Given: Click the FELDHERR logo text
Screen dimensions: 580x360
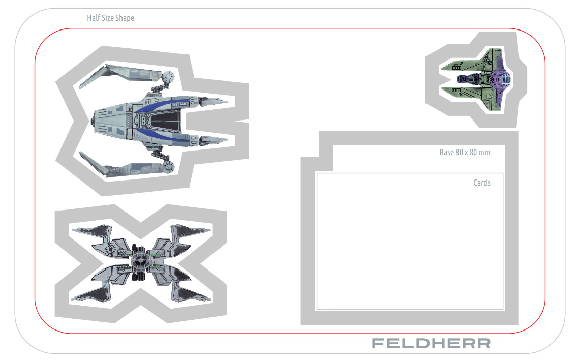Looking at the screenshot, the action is point(431,343).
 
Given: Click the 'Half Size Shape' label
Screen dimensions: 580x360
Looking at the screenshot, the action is point(111,18).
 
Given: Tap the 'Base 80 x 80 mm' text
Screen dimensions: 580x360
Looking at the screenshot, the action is point(465,152).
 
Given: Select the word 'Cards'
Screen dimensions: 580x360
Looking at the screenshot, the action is point(481,183).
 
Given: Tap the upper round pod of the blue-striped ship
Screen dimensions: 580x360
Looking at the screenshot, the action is point(168,77).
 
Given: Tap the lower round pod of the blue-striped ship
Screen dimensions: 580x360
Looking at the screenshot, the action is point(168,166).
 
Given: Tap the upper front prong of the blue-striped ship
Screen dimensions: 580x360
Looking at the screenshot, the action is point(213,101).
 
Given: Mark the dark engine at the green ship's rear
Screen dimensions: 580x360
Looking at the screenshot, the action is point(465,79).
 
